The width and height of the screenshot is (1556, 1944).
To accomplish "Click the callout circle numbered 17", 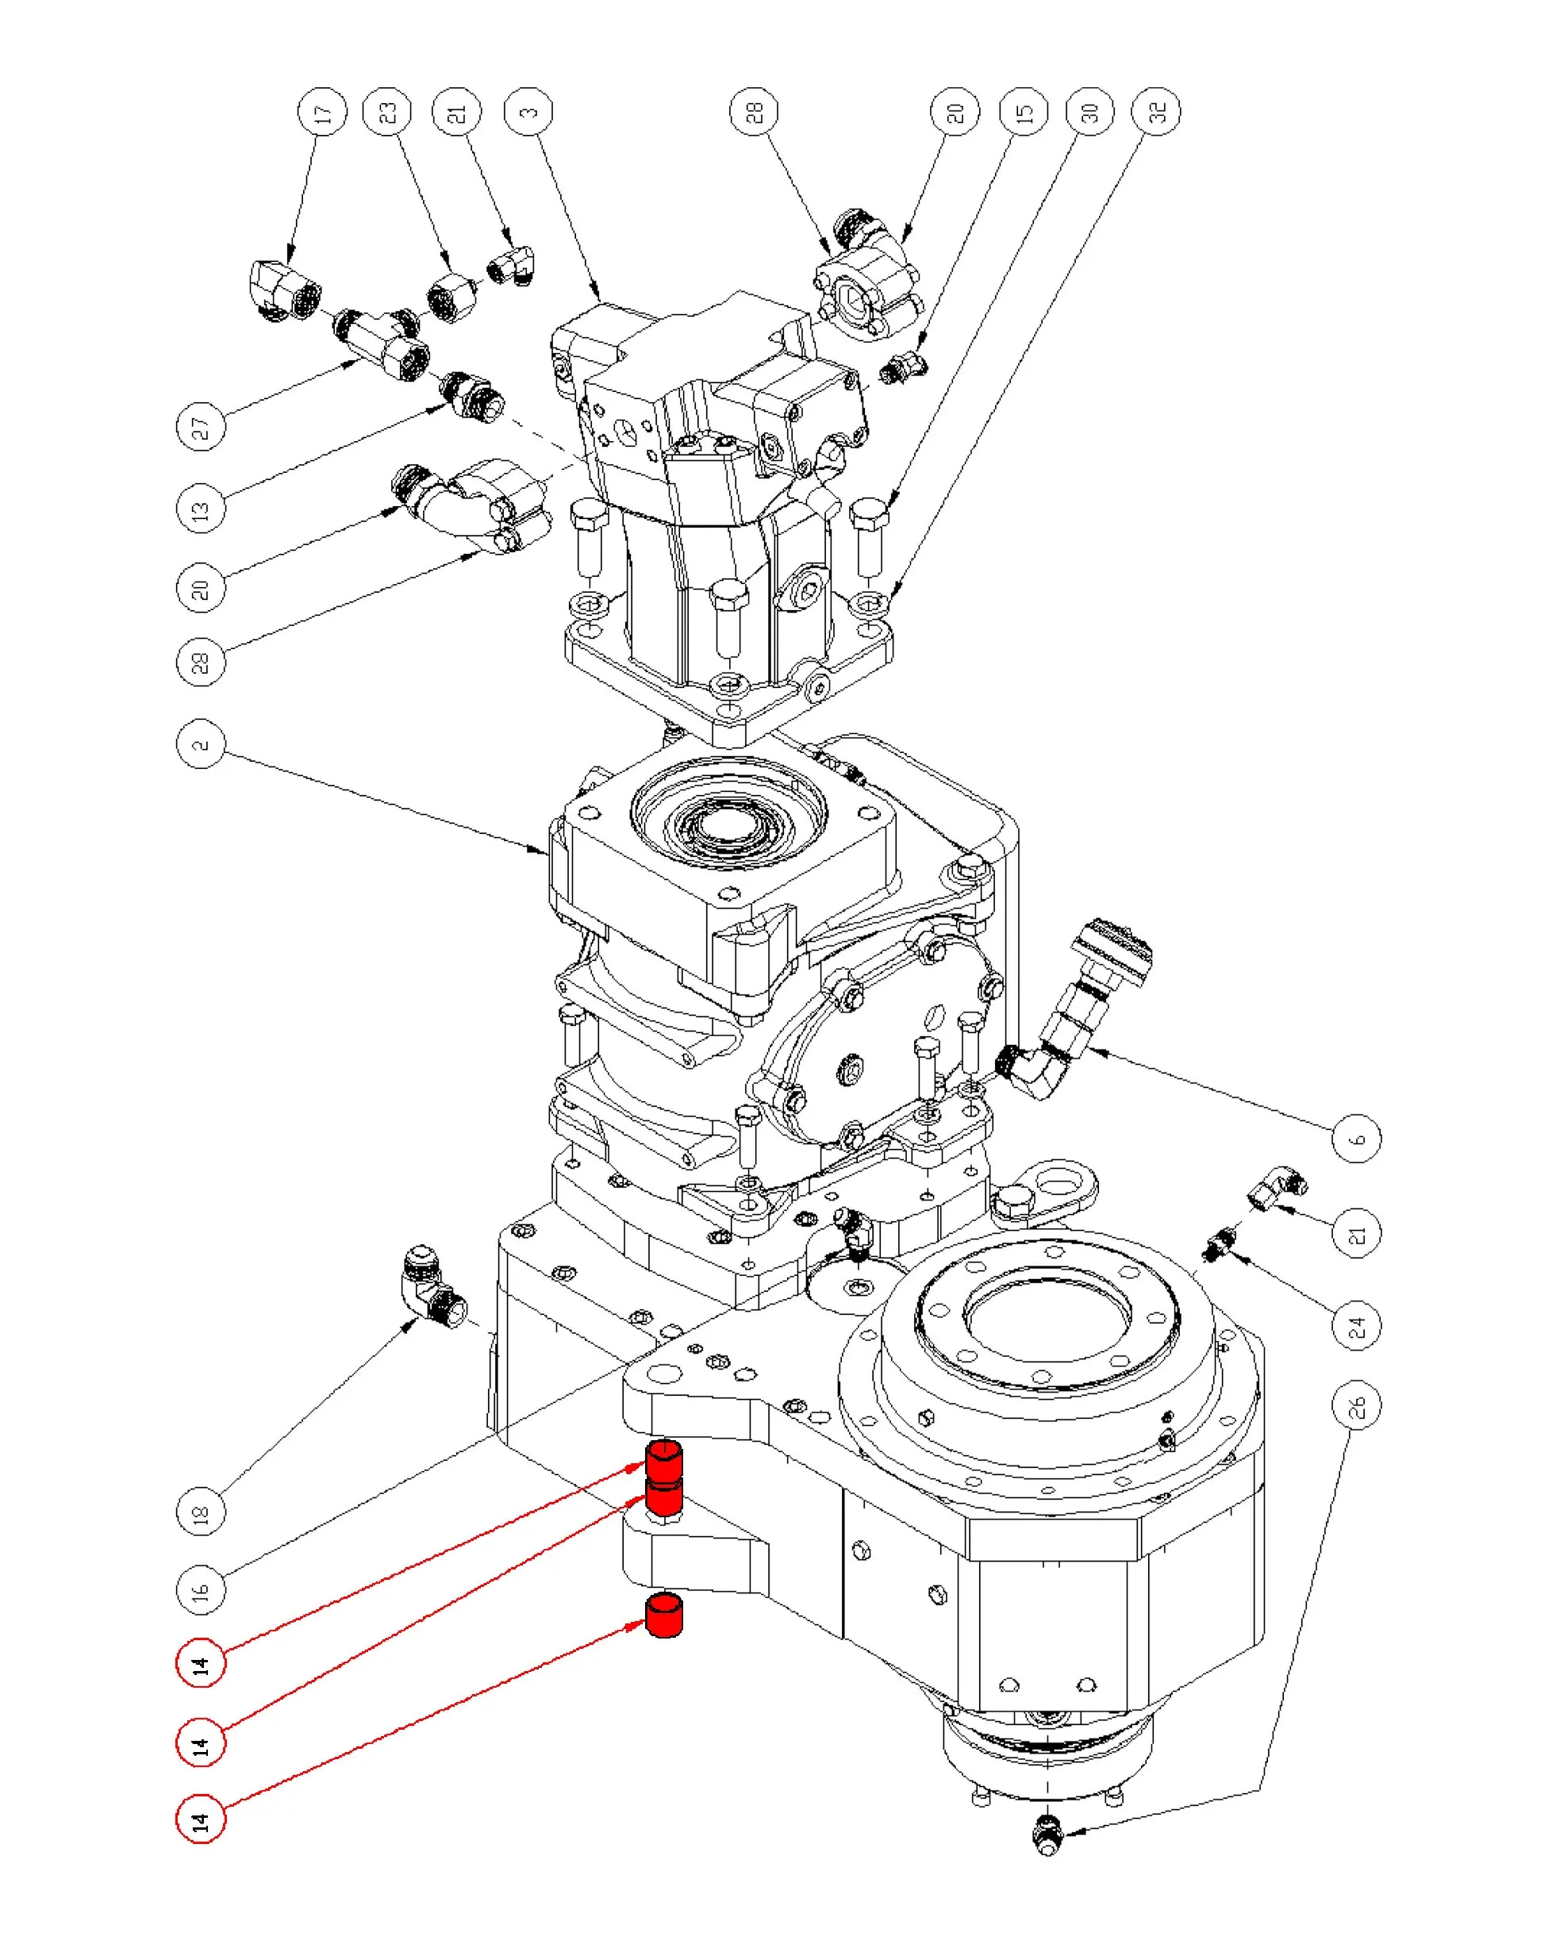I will [x=322, y=112].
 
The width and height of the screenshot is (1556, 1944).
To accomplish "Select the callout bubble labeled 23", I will [x=386, y=112].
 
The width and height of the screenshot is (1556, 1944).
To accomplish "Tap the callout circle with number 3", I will [x=528, y=112].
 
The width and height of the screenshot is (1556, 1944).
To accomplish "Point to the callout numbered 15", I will [x=1024, y=112].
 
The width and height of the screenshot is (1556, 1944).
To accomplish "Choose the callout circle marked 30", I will [x=1090, y=112].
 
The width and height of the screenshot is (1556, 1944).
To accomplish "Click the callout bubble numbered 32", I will [x=1156, y=112].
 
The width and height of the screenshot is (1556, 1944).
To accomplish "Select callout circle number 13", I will [x=200, y=509].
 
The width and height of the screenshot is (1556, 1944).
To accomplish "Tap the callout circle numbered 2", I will [x=200, y=744].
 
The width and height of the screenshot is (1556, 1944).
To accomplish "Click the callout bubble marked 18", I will [x=200, y=1513].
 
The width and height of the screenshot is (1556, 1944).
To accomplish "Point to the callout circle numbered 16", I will [x=200, y=1589].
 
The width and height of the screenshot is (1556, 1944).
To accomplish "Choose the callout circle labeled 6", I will [x=1357, y=1139].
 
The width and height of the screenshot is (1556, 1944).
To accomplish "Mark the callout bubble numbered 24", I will [x=1357, y=1327].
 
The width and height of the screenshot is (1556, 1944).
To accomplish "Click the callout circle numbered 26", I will [x=1357, y=1404].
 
